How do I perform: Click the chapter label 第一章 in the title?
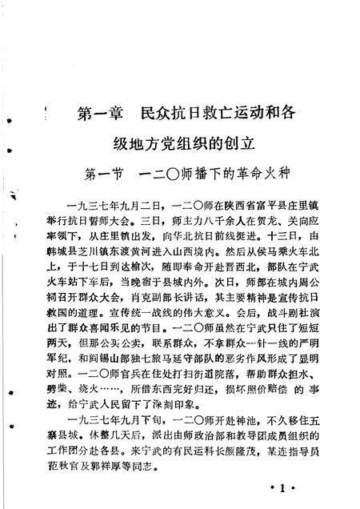pos(103,114)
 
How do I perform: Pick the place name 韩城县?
pos(78,258)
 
